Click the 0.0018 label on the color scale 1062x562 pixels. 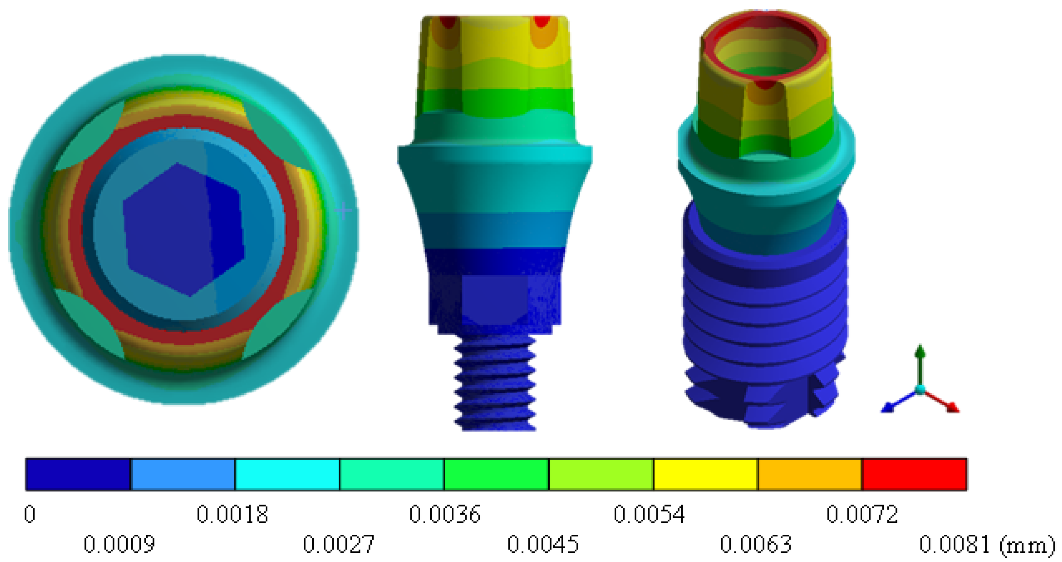[232, 514]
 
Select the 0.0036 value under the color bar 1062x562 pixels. [445, 514]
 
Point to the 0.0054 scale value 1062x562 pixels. [649, 514]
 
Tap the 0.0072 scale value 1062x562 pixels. [862, 514]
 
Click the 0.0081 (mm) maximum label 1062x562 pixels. [987, 545]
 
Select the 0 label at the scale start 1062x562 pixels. [30, 514]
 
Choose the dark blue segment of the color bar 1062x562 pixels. [78, 474]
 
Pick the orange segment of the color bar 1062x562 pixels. [810, 474]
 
